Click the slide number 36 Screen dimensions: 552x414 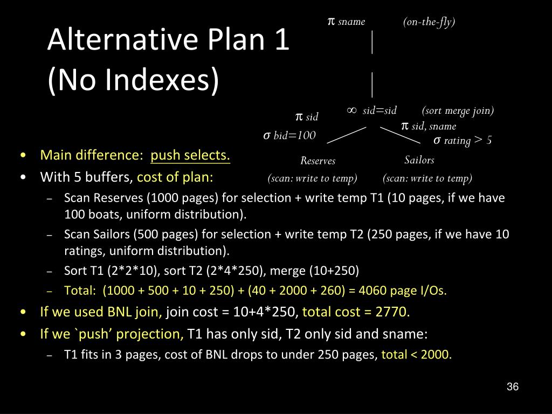tap(513, 387)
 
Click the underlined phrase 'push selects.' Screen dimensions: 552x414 tap(190, 155)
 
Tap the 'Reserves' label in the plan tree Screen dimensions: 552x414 tap(318, 161)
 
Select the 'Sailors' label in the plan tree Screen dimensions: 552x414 tap(419, 160)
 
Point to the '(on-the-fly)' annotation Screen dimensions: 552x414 tap(429, 22)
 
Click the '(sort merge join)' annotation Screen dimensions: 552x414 tap(458, 111)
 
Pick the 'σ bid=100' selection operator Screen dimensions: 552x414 tap(289, 135)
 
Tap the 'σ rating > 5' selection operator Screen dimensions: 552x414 tap(463, 141)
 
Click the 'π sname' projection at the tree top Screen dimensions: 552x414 tap(347, 22)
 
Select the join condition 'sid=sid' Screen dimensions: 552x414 tap(379, 111)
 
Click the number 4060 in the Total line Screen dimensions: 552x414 tap(374, 291)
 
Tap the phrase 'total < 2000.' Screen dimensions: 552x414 tap(417, 354)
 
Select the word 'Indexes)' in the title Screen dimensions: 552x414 tap(162, 80)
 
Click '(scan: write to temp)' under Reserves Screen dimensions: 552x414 tap(312, 178)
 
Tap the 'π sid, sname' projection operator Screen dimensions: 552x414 tap(429, 126)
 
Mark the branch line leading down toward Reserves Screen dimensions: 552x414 tap(347, 135)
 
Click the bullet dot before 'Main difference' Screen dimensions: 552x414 tap(23, 155)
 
